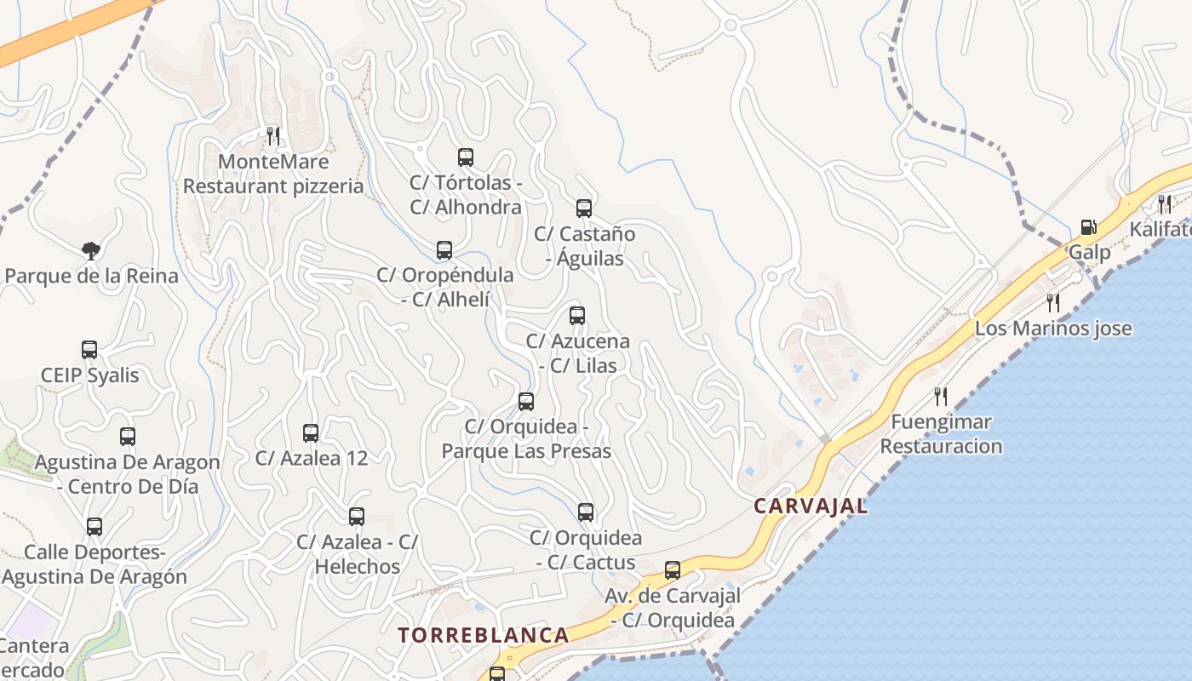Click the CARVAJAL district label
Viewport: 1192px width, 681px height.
pyautogui.click(x=811, y=506)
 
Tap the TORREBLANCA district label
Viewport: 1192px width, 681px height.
pyautogui.click(x=484, y=635)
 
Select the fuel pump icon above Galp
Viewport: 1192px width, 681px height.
pyautogui.click(x=1088, y=227)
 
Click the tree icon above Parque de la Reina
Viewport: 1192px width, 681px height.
pyautogui.click(x=91, y=250)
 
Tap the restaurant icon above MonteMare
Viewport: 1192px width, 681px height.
pyautogui.click(x=273, y=135)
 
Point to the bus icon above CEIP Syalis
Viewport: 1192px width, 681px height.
pyautogui.click(x=89, y=350)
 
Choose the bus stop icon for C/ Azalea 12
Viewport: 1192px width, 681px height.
pyautogui.click(x=311, y=433)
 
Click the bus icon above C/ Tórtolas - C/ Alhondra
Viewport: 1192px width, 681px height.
pyautogui.click(x=466, y=157)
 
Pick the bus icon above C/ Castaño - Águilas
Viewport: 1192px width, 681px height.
pyautogui.click(x=584, y=209)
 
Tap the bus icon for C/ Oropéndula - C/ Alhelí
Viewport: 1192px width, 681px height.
pyautogui.click(x=444, y=250)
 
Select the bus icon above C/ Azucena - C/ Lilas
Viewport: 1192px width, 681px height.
pyautogui.click(x=577, y=316)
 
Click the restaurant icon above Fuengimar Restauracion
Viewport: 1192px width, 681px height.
pyautogui.click(x=941, y=396)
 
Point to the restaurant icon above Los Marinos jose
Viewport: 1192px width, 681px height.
pyautogui.click(x=1053, y=303)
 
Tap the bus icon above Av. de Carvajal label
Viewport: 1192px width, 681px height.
pyautogui.click(x=673, y=570)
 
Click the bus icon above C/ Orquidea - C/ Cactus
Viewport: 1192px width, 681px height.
pyautogui.click(x=586, y=512)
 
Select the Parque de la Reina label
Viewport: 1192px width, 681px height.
pyautogui.click(x=92, y=276)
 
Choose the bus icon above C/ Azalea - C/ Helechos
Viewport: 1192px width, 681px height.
pyautogui.click(x=357, y=517)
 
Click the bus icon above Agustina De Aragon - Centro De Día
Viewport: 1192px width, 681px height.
pyautogui.click(x=128, y=437)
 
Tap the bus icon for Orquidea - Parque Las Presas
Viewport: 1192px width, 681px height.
pyautogui.click(x=526, y=402)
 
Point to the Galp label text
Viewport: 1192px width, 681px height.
pyautogui.click(x=1090, y=253)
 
